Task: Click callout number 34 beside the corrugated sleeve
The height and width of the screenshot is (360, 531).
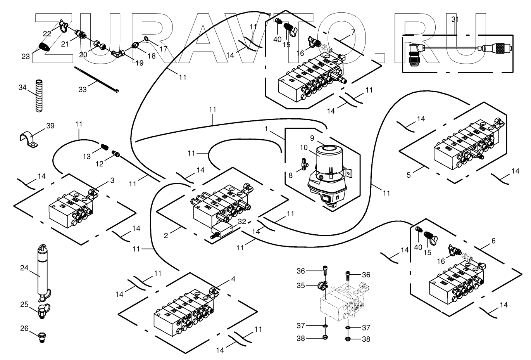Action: click(22, 88)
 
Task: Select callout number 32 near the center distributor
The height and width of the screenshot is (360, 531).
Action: click(241, 222)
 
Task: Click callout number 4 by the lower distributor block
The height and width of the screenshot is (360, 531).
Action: click(233, 279)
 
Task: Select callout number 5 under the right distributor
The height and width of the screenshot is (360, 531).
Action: click(408, 175)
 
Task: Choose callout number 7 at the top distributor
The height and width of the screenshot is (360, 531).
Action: click(353, 32)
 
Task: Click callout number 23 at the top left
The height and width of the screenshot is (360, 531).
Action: click(26, 57)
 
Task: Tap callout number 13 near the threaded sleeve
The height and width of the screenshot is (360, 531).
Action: click(86, 156)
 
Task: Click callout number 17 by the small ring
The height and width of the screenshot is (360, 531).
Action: click(164, 49)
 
